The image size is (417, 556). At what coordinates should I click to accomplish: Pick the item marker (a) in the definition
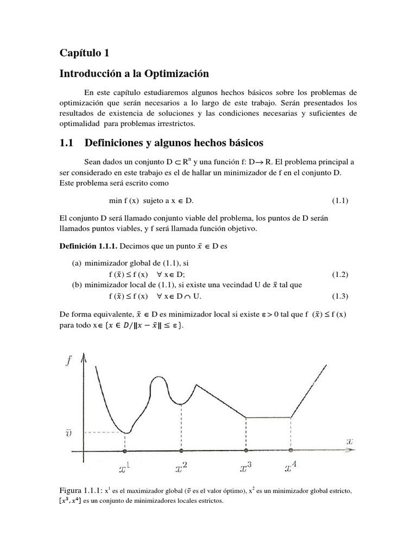pos(78,263)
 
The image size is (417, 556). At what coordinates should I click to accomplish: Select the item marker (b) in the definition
pos(78,285)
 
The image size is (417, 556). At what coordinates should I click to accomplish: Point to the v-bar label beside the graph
pos(69,433)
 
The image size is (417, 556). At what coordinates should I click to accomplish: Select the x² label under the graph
pos(181,468)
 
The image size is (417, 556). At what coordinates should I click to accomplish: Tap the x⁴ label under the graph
pos(292,468)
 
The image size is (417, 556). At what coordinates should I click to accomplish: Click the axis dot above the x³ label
pos(247,451)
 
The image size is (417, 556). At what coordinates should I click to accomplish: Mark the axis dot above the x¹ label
pos(125,451)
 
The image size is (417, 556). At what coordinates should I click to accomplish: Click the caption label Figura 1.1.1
pos(81,491)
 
